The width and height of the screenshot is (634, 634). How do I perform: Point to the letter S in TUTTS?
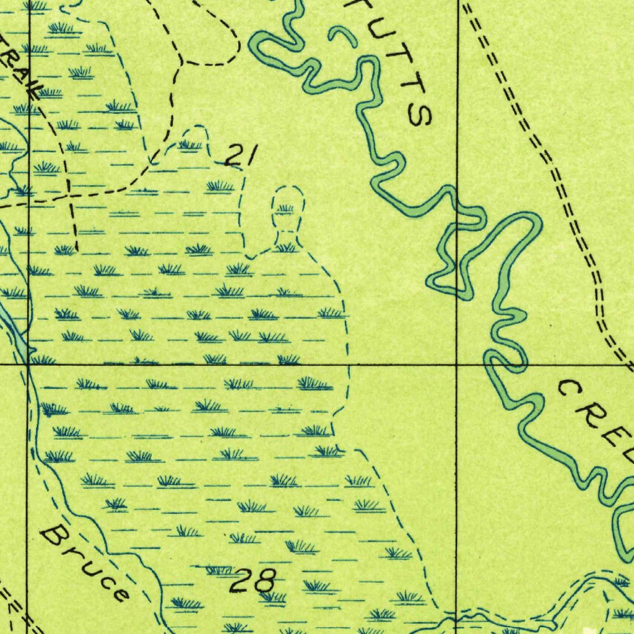(x=420, y=114)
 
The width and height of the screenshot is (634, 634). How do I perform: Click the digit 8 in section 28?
(x=264, y=581)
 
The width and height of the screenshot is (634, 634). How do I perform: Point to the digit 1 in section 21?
(x=249, y=155)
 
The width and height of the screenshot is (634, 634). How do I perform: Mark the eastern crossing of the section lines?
(x=457, y=365)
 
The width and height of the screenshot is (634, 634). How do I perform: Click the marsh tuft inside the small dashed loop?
(x=285, y=209)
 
